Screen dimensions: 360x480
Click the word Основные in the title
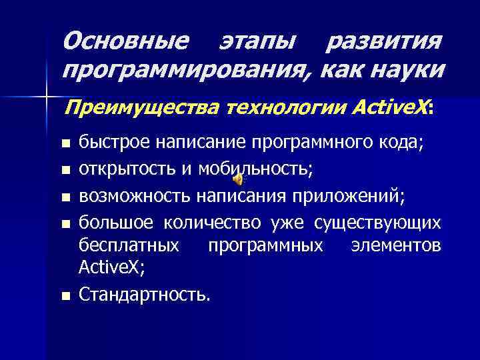[125, 43]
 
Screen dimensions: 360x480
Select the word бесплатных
[129, 246]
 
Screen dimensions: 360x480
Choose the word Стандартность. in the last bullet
[143, 294]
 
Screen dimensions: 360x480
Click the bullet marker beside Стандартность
[64, 295]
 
